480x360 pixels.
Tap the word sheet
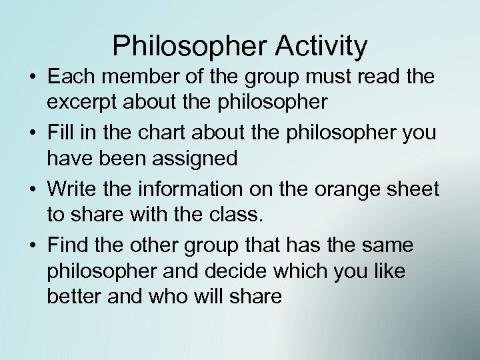(414, 189)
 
